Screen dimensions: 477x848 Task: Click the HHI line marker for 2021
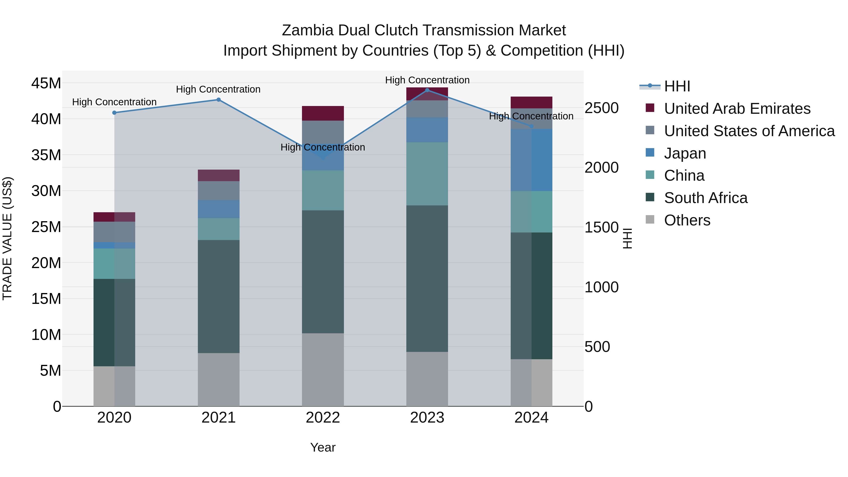218,100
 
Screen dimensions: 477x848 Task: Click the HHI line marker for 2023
427,90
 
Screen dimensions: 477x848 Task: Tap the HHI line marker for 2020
114,113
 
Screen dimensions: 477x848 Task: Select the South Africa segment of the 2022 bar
323,272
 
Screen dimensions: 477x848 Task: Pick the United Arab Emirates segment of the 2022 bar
323,113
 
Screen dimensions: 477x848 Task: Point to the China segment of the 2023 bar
427,174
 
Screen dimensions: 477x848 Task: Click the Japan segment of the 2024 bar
531,160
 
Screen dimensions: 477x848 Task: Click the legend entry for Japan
685,153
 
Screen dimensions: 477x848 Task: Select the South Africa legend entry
705,198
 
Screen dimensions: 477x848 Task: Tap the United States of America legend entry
749,131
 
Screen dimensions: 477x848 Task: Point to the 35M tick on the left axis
46,155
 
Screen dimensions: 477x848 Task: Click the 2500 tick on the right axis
601,108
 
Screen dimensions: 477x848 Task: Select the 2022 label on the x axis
323,418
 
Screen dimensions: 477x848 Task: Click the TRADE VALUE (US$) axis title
7,238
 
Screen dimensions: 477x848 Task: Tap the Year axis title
323,447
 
